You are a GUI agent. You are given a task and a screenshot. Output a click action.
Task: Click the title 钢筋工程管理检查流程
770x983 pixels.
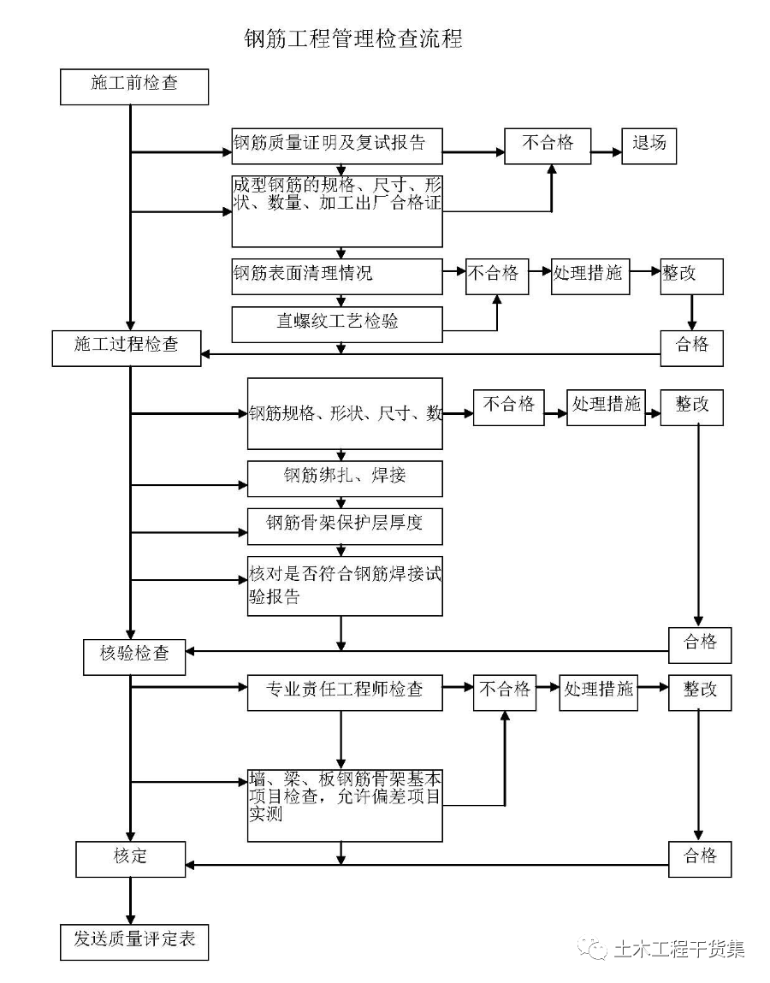click(x=352, y=39)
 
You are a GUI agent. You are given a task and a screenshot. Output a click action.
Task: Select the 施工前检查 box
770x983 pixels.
click(x=134, y=86)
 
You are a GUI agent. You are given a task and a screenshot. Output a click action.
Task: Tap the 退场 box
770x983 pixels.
click(x=649, y=145)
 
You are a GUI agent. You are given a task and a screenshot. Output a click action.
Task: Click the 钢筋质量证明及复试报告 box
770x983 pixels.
click(x=337, y=145)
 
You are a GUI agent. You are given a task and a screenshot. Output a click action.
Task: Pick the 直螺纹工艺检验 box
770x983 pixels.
click(x=337, y=323)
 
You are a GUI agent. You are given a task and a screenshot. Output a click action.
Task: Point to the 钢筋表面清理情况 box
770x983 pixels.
click(x=337, y=275)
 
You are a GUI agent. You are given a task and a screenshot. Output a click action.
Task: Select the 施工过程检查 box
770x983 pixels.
click(x=127, y=346)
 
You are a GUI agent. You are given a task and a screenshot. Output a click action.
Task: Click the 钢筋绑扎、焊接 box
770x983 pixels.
click(x=345, y=477)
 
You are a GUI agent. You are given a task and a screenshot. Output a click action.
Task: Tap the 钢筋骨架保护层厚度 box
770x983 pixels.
click(x=345, y=524)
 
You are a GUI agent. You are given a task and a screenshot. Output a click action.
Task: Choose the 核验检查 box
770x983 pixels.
click(x=135, y=655)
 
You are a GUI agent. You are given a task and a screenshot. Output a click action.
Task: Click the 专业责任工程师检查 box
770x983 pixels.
click(x=345, y=691)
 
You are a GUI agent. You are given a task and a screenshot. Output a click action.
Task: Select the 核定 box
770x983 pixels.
click(x=130, y=858)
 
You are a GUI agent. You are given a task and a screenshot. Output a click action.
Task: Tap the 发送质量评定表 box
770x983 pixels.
click(x=134, y=940)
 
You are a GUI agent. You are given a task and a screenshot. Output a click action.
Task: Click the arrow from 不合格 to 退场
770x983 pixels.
click(x=606, y=152)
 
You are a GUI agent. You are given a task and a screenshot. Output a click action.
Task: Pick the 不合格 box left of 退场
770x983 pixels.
click(x=548, y=145)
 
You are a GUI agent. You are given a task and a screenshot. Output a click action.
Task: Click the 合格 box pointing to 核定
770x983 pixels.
click(x=700, y=858)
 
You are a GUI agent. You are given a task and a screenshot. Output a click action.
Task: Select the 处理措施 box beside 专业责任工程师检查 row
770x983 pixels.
click(x=599, y=691)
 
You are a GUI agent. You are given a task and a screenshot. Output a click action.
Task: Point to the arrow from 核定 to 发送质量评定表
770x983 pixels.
click(x=131, y=900)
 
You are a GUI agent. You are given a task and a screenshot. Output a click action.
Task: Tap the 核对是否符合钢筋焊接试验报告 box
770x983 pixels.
click(x=345, y=586)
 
